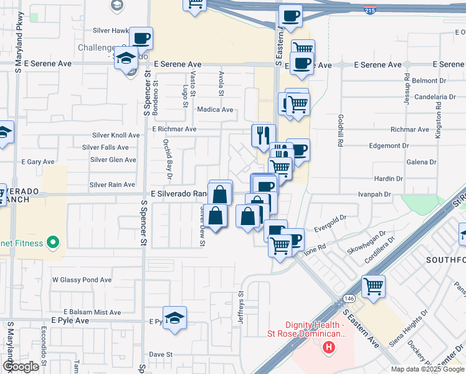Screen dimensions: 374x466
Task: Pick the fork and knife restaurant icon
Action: (263, 134)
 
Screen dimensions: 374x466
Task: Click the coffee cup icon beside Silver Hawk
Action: (141, 38)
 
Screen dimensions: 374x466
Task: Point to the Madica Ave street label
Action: (215, 110)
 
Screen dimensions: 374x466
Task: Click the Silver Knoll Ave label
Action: (116, 135)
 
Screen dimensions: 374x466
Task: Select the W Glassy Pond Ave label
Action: (82, 280)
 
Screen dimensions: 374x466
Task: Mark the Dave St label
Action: (160, 354)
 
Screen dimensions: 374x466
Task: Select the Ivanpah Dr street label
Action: (374, 194)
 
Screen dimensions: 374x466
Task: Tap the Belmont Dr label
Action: (426, 81)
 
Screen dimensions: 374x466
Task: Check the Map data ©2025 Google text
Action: (427, 369)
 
